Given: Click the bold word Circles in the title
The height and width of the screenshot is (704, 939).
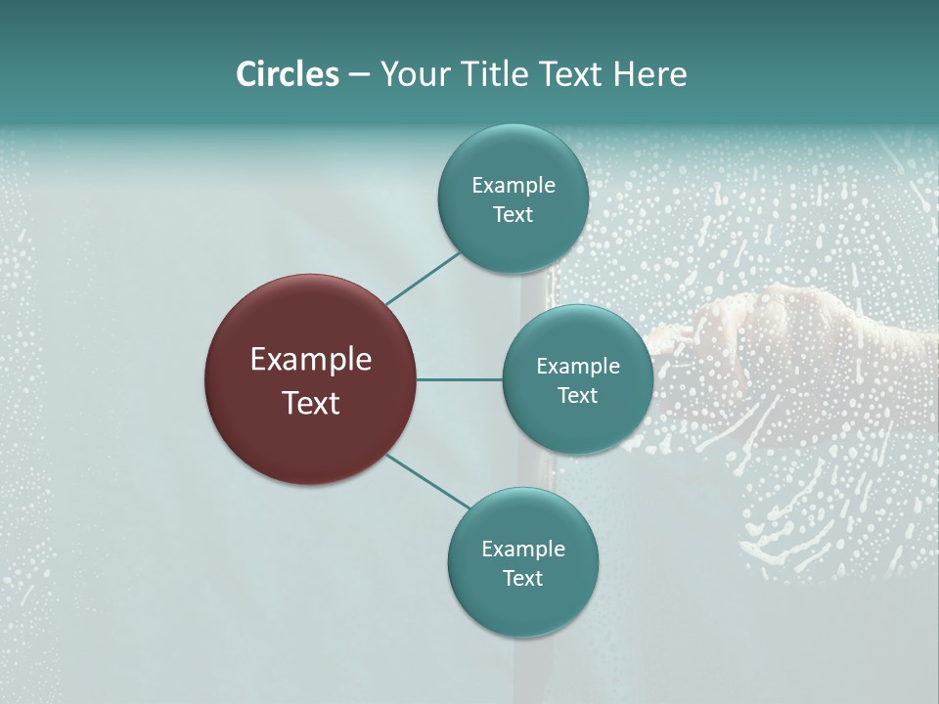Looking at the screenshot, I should click(287, 74).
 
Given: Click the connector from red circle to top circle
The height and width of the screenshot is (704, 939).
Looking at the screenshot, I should click(423, 278).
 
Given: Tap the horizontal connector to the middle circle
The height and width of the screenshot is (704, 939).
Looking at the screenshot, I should click(459, 379).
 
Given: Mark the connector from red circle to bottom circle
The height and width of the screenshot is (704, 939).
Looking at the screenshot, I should click(428, 481).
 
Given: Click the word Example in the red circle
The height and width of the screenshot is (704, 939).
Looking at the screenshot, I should click(311, 360).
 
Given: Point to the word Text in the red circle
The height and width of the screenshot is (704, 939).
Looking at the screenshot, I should click(311, 403).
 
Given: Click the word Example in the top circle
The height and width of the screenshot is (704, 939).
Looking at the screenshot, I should click(513, 185).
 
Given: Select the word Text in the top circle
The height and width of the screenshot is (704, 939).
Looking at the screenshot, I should click(513, 214).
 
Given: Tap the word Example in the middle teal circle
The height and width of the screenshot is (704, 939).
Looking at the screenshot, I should click(577, 366).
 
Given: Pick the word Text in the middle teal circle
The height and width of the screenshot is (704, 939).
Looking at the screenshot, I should click(577, 395).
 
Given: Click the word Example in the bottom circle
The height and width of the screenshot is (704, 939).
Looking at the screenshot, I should click(522, 549).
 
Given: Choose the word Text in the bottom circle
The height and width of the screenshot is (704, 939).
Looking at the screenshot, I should click(522, 578).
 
